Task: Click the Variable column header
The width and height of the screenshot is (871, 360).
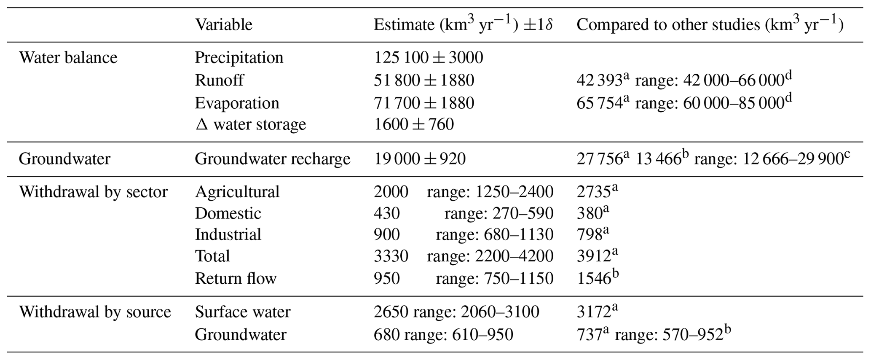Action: [223, 24]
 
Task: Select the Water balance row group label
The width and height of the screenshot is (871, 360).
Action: [68, 57]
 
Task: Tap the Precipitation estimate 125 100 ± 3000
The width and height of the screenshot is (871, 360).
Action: [428, 57]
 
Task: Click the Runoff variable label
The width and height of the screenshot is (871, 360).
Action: [219, 80]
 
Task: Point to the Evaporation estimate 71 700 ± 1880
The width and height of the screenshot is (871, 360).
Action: [424, 103]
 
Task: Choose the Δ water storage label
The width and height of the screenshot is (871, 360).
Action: [250, 124]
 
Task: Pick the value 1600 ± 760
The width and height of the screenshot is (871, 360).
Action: [414, 124]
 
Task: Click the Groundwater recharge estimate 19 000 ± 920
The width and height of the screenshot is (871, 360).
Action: [420, 159]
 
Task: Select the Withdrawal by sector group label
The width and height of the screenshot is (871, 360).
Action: [93, 192]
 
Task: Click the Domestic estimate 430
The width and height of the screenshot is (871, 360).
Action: [386, 213]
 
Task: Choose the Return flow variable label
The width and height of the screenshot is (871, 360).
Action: [236, 278]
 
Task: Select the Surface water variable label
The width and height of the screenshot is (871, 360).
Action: [243, 312]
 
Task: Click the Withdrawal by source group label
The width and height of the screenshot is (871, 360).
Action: [95, 312]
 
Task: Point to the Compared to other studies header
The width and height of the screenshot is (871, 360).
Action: [710, 24]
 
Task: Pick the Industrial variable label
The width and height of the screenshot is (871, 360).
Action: [228, 234]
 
